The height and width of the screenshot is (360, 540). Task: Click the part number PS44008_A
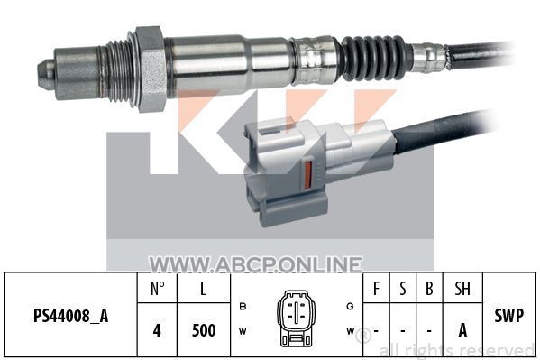[x=70, y=316]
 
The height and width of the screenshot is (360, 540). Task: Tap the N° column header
[x=158, y=288]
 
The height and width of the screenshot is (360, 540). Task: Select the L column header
[x=204, y=289]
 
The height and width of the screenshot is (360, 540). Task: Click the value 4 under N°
[x=157, y=330]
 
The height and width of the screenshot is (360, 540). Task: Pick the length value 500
[x=204, y=330]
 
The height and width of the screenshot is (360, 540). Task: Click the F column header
[x=377, y=289]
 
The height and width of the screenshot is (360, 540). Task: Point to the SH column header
[x=462, y=289]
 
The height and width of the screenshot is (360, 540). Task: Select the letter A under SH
[x=462, y=330]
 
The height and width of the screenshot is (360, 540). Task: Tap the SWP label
[x=509, y=315]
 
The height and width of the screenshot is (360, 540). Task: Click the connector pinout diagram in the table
[x=296, y=318]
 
